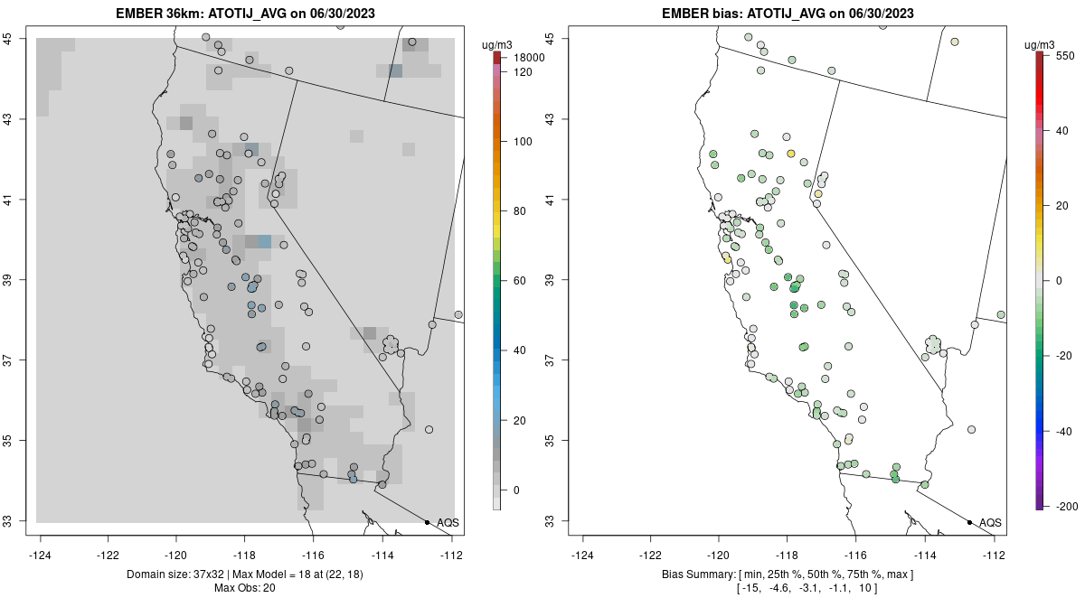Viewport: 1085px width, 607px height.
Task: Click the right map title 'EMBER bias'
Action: (695, 14)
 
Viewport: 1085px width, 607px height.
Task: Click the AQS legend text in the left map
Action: (448, 522)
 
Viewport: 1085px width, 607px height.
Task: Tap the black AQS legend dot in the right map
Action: (968, 522)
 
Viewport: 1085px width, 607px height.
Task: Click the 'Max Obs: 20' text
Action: (244, 588)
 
